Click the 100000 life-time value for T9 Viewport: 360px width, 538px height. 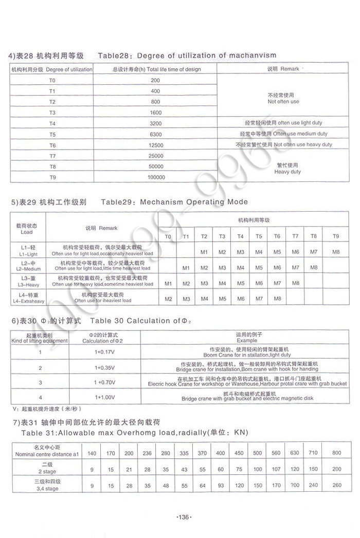point(156,177)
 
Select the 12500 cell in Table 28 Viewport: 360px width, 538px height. point(156,145)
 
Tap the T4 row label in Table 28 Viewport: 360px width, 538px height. point(52,124)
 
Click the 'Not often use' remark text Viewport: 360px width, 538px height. point(283,102)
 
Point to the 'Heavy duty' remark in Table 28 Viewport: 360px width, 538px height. point(287,172)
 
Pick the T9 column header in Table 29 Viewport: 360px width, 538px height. point(336,236)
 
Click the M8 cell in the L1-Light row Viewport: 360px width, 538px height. point(336,252)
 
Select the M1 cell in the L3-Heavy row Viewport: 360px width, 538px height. point(168,283)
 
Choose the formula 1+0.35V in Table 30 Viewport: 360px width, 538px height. point(105,368)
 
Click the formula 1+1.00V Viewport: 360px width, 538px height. point(105,397)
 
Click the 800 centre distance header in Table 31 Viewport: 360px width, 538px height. point(337,453)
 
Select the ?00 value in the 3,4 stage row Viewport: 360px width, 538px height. point(295,485)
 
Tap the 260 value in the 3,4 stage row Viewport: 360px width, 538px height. point(337,485)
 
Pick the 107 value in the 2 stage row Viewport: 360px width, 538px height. point(276,469)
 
